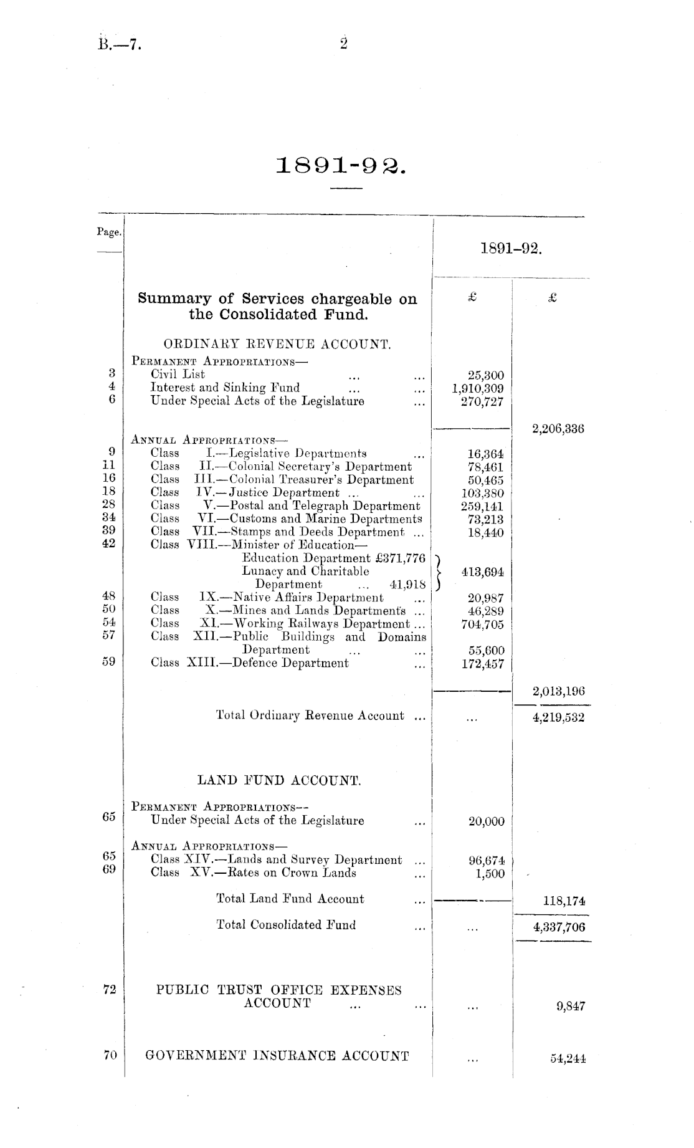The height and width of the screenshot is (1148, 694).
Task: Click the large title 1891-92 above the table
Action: click(x=342, y=165)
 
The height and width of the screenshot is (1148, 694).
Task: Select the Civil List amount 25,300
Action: click(x=486, y=375)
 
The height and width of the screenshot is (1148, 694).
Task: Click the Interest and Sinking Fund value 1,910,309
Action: click(x=478, y=389)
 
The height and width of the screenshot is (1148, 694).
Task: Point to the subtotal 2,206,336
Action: click(x=558, y=429)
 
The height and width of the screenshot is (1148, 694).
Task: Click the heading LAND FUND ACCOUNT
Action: click(x=279, y=780)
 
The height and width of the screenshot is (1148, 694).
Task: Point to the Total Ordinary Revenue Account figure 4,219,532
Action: click(x=558, y=717)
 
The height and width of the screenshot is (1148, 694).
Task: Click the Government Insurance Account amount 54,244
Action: click(x=568, y=1058)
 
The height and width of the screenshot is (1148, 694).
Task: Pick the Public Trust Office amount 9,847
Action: click(x=571, y=1006)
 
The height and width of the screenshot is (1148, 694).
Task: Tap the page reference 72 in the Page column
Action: click(x=109, y=990)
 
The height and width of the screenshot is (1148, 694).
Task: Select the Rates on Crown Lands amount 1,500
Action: click(x=490, y=874)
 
